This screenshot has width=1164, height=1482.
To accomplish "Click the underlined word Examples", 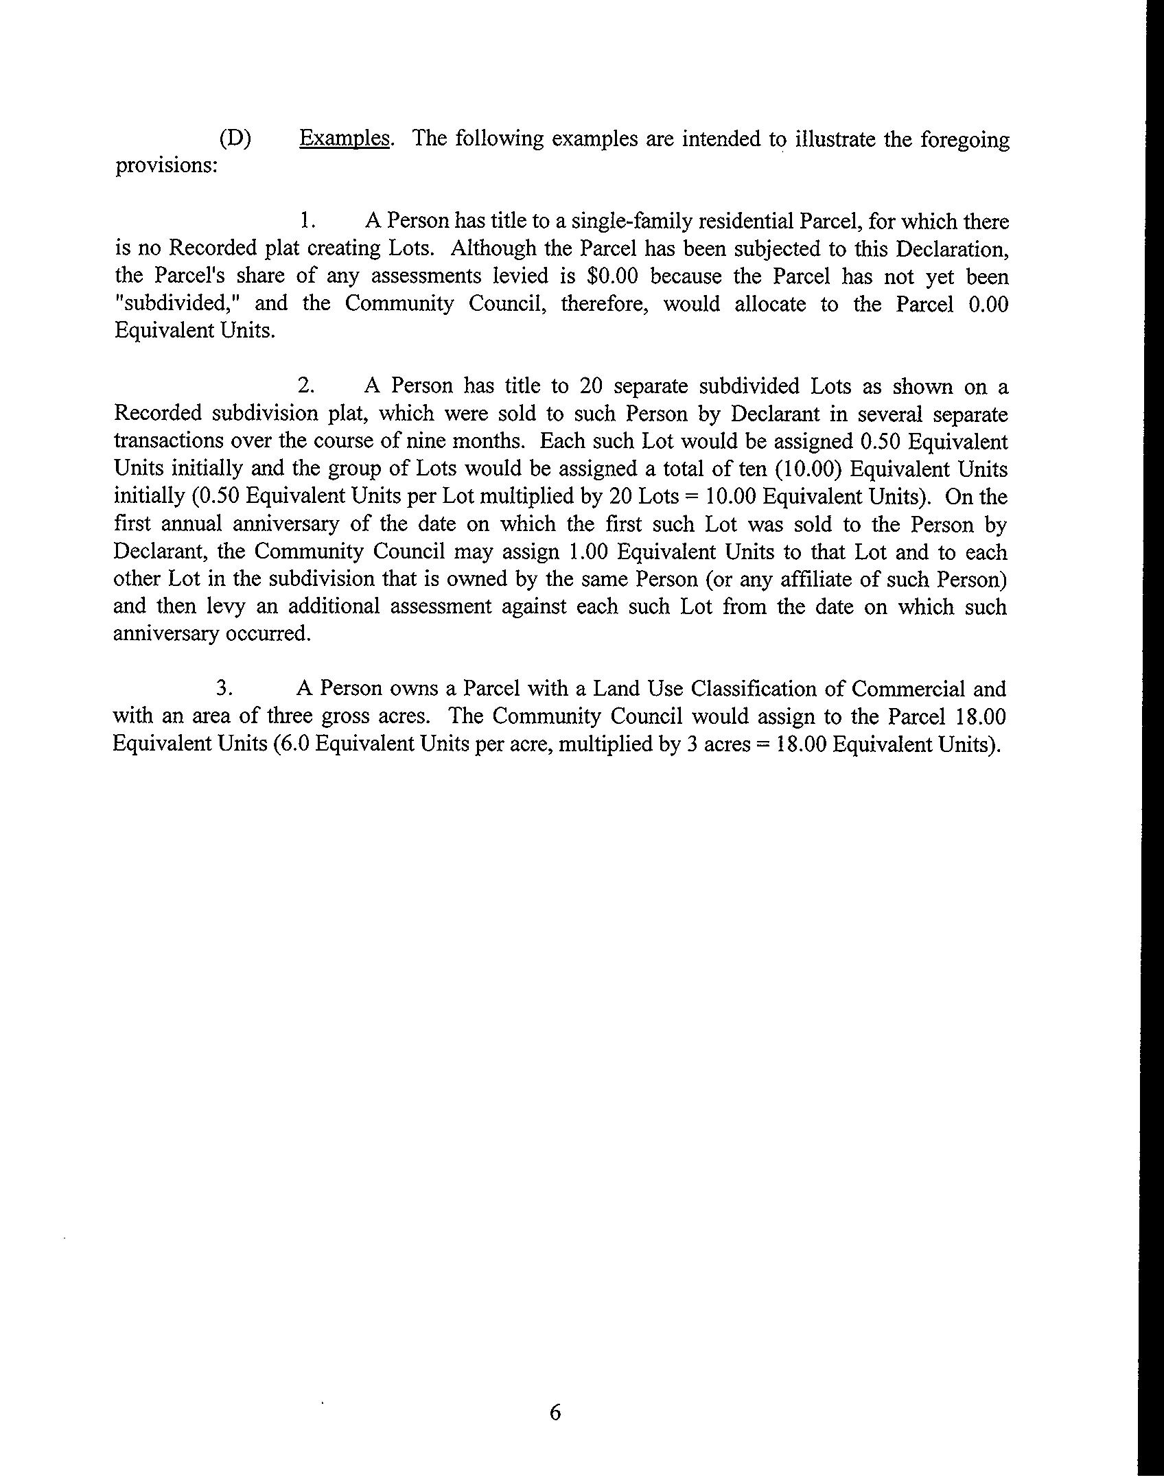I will click(345, 139).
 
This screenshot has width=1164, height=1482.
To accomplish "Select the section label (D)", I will click(235, 139).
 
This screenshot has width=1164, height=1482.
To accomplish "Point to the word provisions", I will click(165, 166).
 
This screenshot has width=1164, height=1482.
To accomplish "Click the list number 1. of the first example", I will click(307, 221).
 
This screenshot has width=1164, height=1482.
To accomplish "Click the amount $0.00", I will click(613, 276).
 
